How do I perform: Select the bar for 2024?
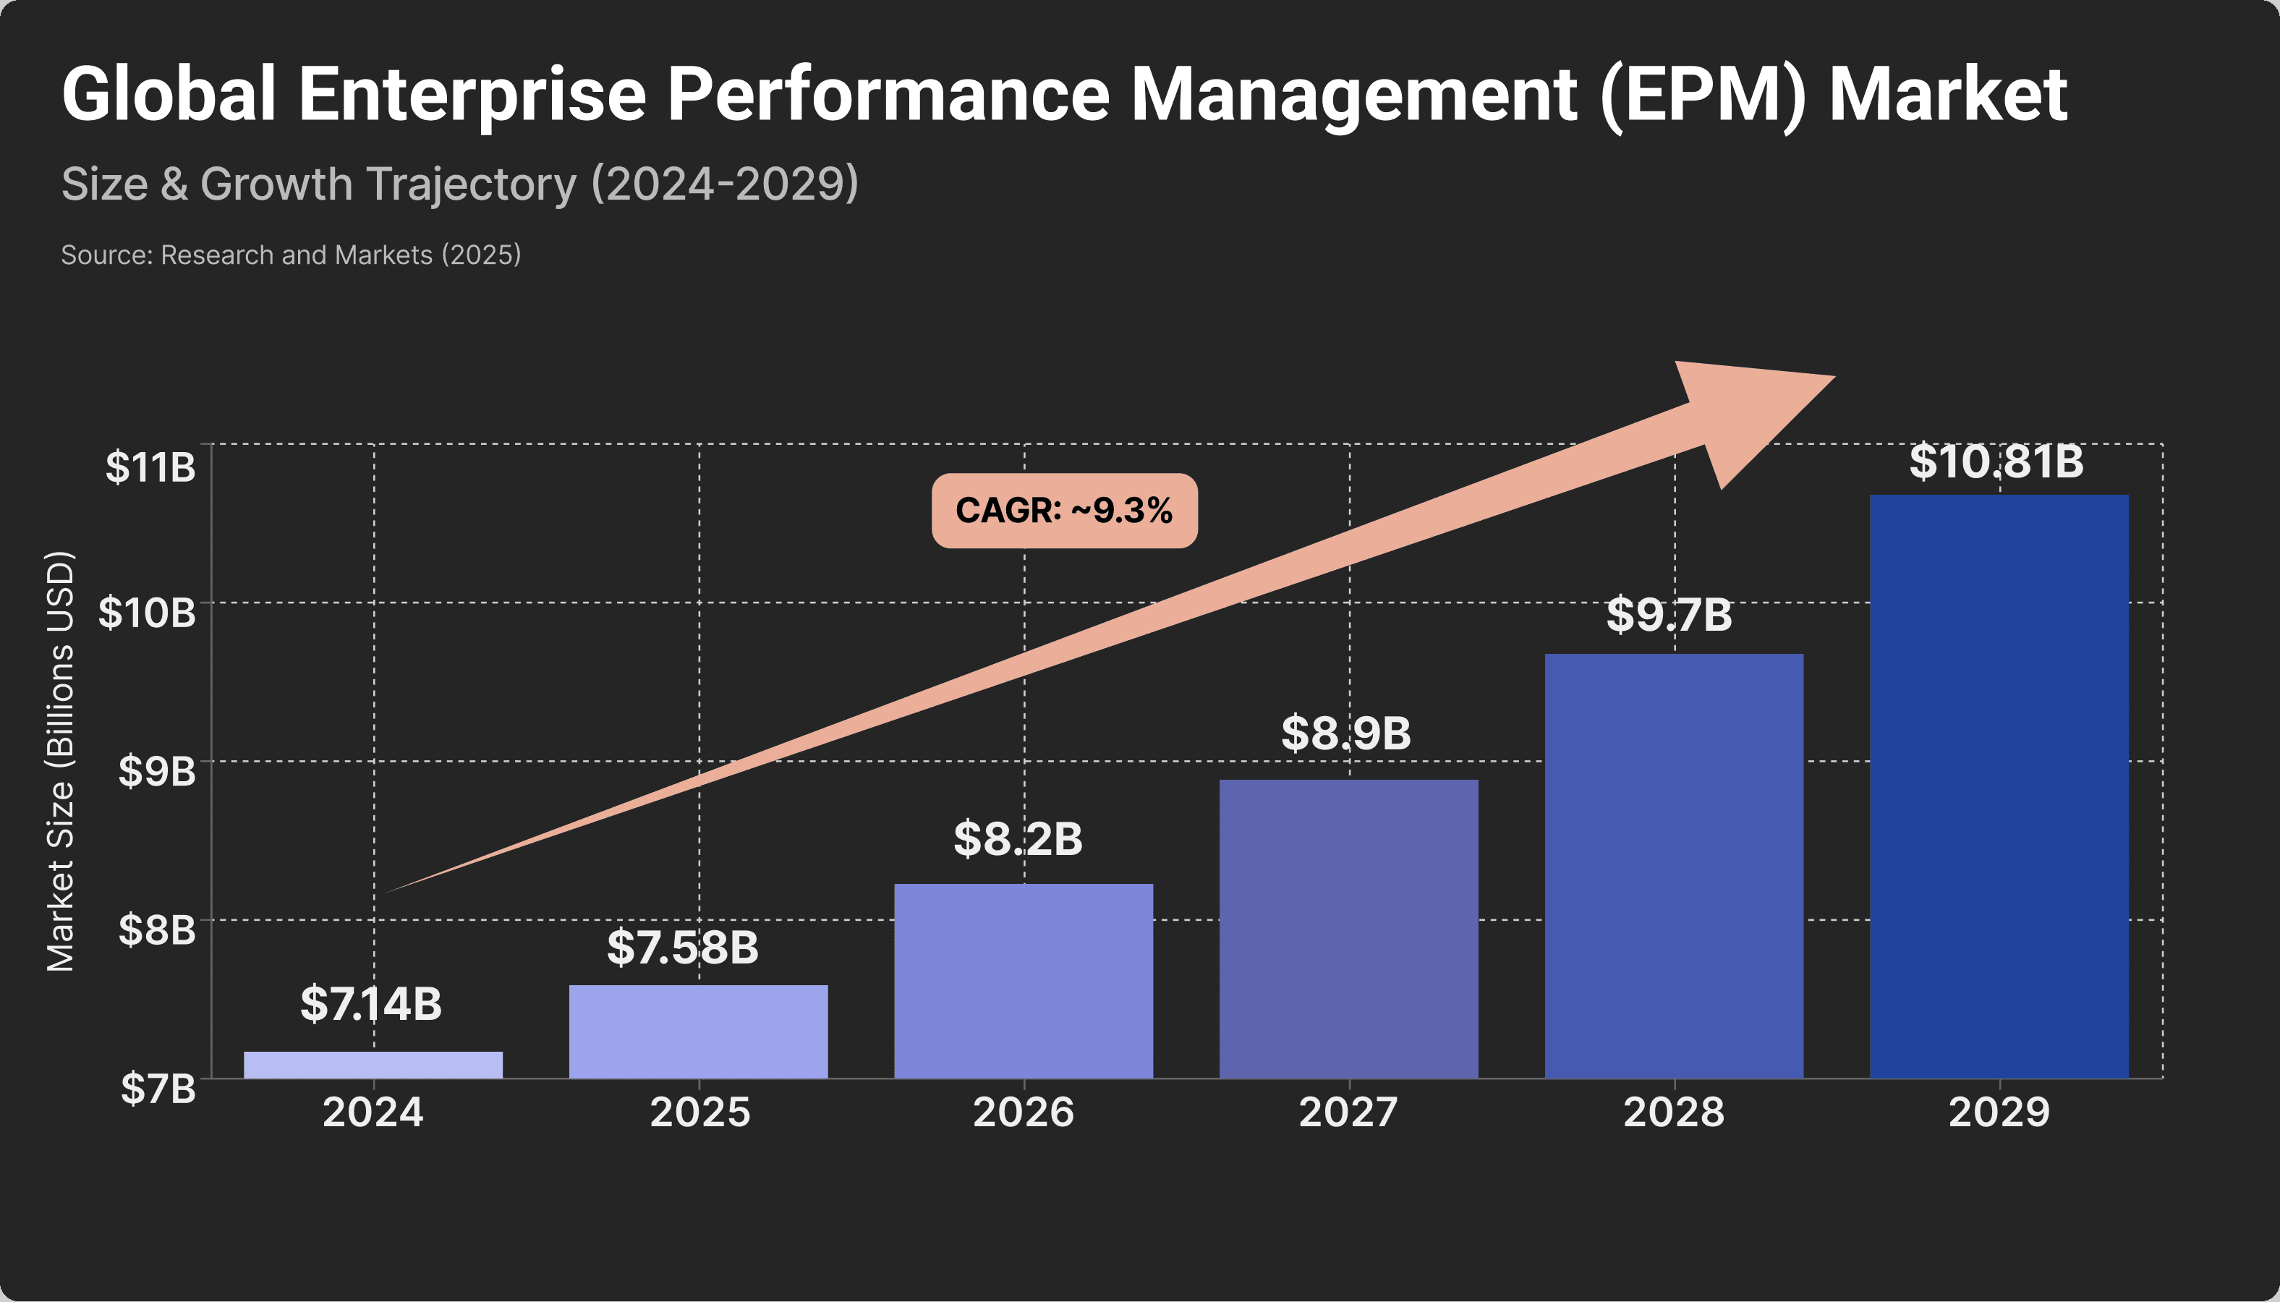[373, 1064]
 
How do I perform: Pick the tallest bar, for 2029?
[1999, 786]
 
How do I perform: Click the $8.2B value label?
[1018, 839]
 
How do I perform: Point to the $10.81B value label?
[1996, 462]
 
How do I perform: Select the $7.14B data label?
[371, 1003]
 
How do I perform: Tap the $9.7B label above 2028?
[1669, 616]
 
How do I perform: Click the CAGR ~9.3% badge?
[1064, 511]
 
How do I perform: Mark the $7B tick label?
[158, 1089]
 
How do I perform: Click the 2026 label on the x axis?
[1023, 1112]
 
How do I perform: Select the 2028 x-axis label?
[1673, 1112]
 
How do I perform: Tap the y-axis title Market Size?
[61, 761]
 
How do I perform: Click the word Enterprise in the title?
[472, 94]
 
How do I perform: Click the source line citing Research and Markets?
[291, 255]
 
